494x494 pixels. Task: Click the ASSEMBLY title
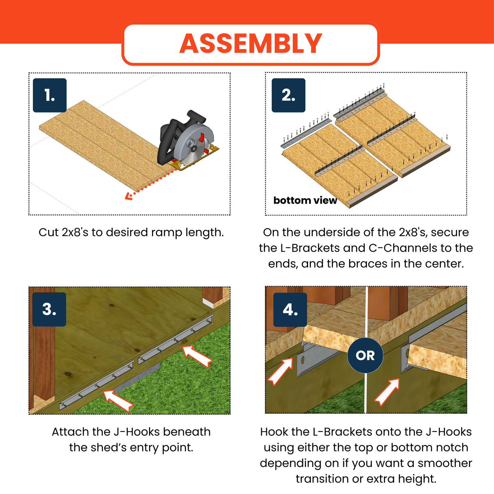pyautogui.click(x=251, y=44)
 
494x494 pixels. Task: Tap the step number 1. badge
pyautogui.click(x=50, y=95)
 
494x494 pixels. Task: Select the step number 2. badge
pyautogui.click(x=288, y=95)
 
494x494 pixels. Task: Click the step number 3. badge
pyautogui.click(x=49, y=309)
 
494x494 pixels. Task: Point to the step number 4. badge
pyautogui.click(x=290, y=310)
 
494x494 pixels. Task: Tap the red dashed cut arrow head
pyautogui.click(x=128, y=196)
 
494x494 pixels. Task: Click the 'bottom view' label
pyautogui.click(x=305, y=200)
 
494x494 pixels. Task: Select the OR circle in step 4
pyautogui.click(x=365, y=356)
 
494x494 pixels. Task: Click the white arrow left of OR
pyautogui.click(x=281, y=371)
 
